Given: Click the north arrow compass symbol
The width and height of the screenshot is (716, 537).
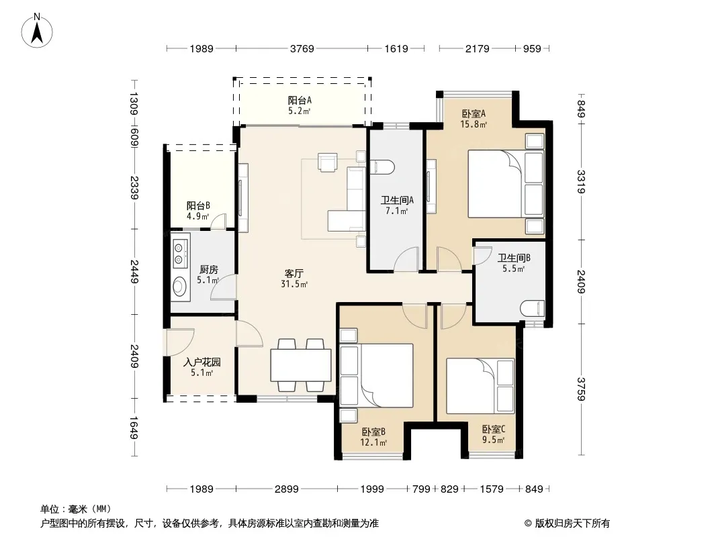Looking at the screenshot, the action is [37, 30].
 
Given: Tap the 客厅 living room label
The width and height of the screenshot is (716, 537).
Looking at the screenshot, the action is [294, 273].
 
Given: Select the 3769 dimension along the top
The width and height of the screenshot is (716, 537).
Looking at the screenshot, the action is [302, 48].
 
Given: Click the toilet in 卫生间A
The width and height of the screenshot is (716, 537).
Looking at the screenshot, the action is [382, 167].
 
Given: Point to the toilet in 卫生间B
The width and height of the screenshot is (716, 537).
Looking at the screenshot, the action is [533, 308].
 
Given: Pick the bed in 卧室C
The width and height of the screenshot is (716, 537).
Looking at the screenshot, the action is [480, 386].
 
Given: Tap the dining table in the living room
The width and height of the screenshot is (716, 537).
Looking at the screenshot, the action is [300, 365].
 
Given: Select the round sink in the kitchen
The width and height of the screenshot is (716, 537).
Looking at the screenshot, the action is [179, 286].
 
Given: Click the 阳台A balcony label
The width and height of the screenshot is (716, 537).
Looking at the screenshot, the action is [300, 101].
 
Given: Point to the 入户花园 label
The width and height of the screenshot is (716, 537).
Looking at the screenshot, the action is [202, 362].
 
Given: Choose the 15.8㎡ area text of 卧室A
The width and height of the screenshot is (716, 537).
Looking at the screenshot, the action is [474, 124].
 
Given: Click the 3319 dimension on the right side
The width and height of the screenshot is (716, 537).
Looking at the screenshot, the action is [581, 182].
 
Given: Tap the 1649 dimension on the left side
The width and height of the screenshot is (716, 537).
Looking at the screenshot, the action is [134, 428].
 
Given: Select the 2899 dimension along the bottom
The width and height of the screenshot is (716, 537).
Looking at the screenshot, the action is [286, 489].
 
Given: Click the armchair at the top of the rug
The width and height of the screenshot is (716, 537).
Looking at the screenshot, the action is [327, 162].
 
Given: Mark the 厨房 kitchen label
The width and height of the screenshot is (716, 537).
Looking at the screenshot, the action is [208, 270].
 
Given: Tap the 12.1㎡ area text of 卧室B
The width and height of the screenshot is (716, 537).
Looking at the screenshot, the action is [373, 442].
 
